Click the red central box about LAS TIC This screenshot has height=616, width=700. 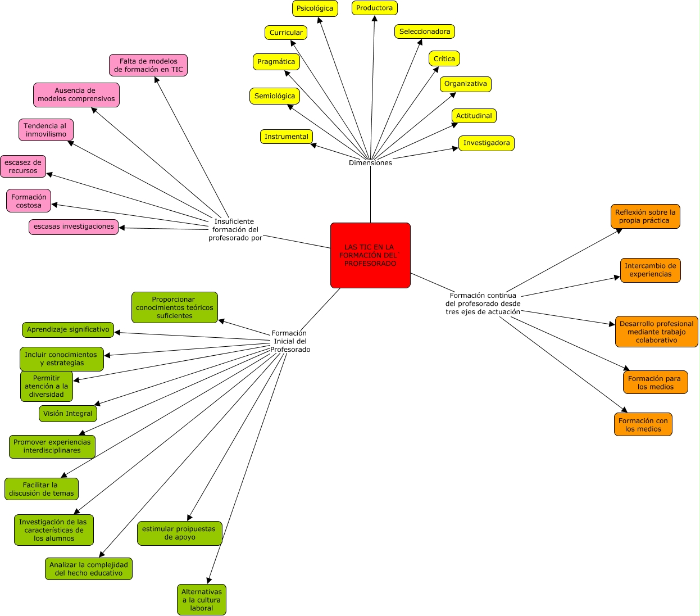click(x=370, y=255)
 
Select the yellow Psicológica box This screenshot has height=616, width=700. click(x=315, y=8)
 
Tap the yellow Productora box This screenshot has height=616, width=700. click(x=374, y=8)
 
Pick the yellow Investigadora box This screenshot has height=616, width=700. click(x=487, y=143)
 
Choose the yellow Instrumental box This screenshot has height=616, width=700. click(x=286, y=137)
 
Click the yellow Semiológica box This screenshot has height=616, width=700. click(x=274, y=96)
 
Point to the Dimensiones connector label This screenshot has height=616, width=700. click(x=370, y=163)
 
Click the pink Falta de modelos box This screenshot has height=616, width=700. click(x=148, y=65)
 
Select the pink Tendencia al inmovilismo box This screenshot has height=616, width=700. click(x=46, y=130)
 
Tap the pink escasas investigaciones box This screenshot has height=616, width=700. click(x=74, y=227)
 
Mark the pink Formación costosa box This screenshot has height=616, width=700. click(x=29, y=201)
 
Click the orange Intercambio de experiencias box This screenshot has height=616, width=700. click(x=650, y=270)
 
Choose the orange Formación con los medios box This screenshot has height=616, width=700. click(x=643, y=424)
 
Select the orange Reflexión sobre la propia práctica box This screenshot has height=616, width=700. click(x=645, y=216)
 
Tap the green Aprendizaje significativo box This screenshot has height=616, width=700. click(x=68, y=329)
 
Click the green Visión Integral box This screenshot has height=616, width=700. click(x=68, y=414)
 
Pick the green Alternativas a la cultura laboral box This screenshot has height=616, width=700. click(x=202, y=600)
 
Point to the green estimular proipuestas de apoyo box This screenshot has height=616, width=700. click(x=180, y=533)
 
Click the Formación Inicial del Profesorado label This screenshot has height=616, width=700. click(x=290, y=341)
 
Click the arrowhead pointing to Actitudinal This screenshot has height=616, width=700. click(x=455, y=125)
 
